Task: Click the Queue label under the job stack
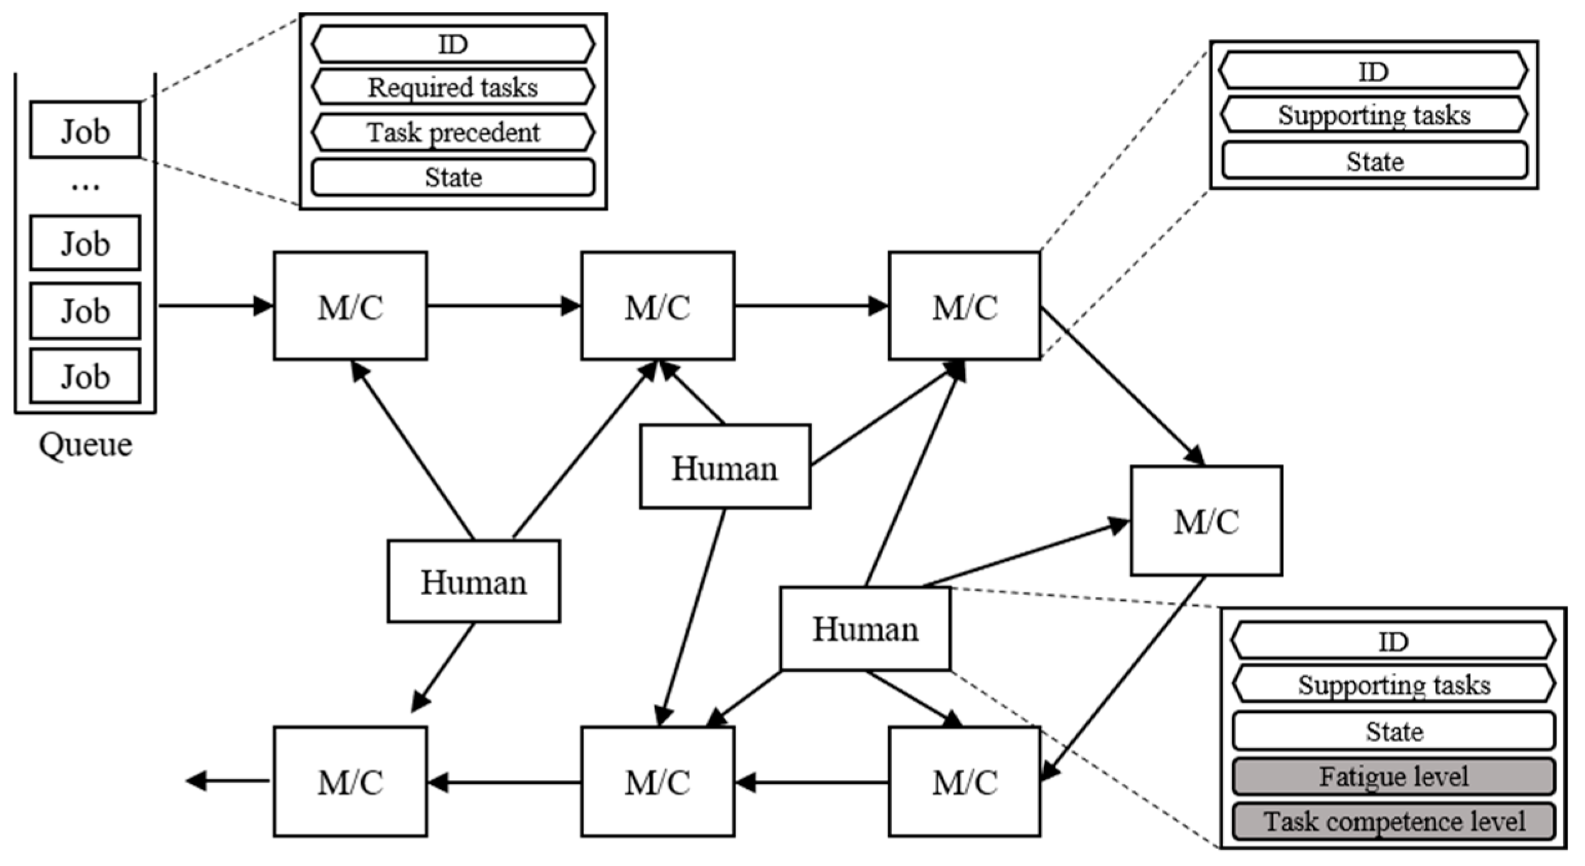(x=85, y=445)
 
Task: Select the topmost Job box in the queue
(x=85, y=130)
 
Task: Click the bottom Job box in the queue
(x=85, y=376)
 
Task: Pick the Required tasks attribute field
(x=453, y=87)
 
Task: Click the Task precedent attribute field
(x=453, y=132)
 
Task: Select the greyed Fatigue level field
(x=1393, y=776)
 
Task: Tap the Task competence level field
(x=1393, y=821)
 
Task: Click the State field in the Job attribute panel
(x=453, y=177)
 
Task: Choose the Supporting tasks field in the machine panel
(x=1374, y=115)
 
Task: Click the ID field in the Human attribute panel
(x=1393, y=641)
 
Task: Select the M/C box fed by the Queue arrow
(x=350, y=306)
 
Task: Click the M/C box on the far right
(x=1206, y=521)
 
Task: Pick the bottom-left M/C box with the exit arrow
(x=350, y=782)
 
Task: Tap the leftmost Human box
(x=473, y=581)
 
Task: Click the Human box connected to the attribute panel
(x=865, y=629)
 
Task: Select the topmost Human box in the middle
(x=725, y=467)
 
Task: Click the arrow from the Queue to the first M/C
(x=215, y=306)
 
